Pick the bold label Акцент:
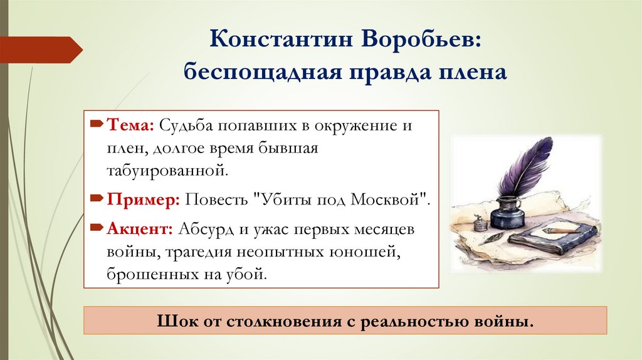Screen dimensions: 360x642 139,229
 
